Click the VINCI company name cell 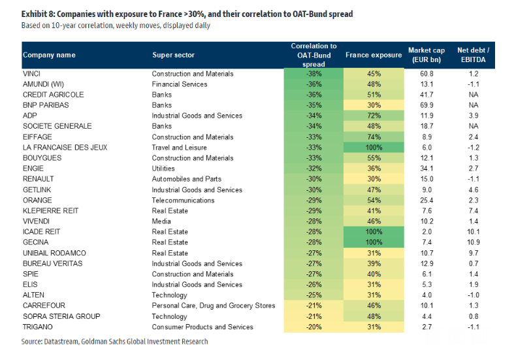click(x=32, y=74)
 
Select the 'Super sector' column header click(x=173, y=56)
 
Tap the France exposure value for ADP click(x=373, y=116)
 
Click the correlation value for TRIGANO click(x=313, y=327)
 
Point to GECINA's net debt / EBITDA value click(x=474, y=242)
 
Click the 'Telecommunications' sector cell click(x=182, y=200)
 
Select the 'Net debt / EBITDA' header click(x=474, y=56)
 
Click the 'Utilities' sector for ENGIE click(x=164, y=169)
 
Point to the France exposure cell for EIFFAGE click(x=373, y=137)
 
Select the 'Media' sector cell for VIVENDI click(x=161, y=221)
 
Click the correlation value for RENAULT click(x=313, y=179)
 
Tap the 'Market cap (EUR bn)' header click(x=426, y=56)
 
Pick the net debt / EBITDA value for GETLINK click(x=474, y=189)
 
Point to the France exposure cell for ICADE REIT click(x=373, y=232)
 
